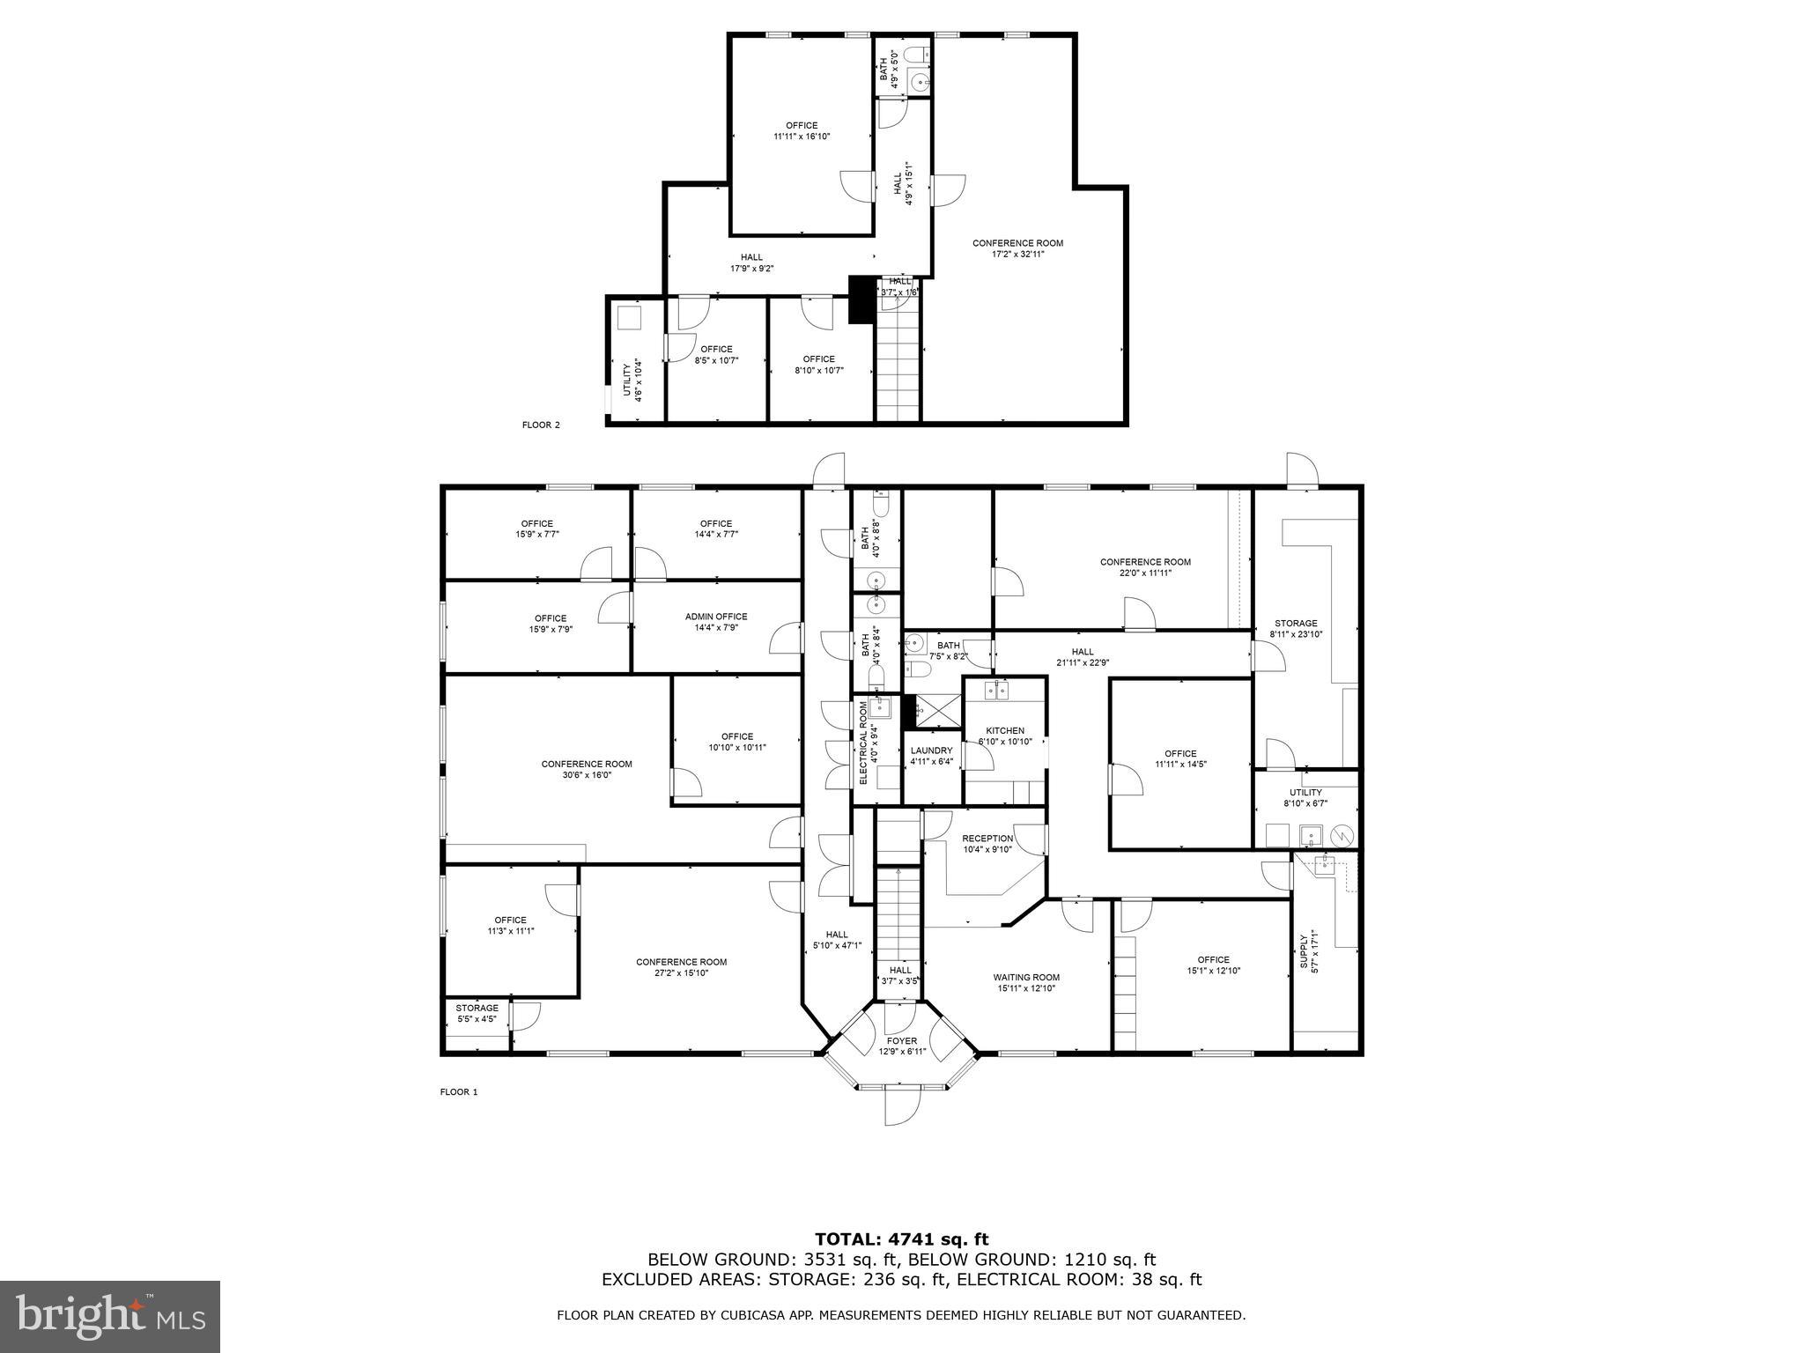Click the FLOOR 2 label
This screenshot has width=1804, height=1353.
(541, 425)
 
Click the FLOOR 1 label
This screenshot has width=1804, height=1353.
(458, 1092)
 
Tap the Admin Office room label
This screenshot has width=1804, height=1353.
(716, 622)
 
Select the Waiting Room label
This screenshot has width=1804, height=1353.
(1026, 982)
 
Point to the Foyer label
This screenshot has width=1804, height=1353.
(902, 1046)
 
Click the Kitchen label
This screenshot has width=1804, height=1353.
(1005, 736)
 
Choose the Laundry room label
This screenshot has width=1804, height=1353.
(932, 756)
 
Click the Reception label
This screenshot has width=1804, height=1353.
(987, 843)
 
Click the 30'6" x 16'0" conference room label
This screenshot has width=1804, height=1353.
(587, 769)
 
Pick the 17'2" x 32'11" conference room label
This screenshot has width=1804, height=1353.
(1017, 248)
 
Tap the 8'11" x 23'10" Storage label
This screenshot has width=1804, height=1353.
(1296, 628)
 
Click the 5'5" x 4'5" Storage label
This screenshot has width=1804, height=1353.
(477, 1013)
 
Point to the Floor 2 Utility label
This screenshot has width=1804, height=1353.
(632, 381)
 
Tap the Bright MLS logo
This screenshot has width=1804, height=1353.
(110, 1317)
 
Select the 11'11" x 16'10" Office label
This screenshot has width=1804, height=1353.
(802, 130)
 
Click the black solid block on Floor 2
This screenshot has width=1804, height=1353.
(859, 299)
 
